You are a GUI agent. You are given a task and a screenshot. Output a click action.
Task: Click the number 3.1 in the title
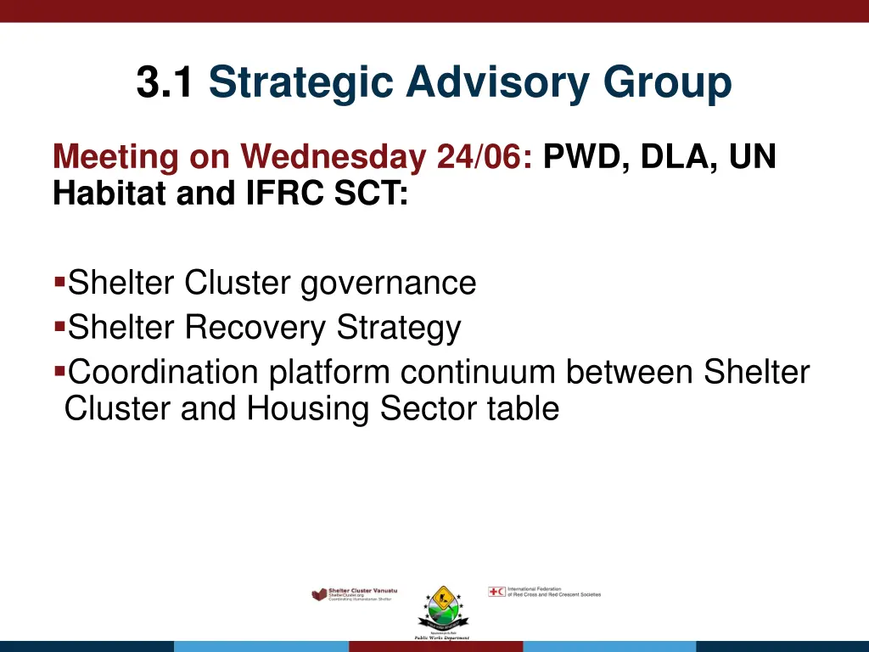click(165, 83)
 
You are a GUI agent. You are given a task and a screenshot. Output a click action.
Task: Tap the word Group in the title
click(667, 83)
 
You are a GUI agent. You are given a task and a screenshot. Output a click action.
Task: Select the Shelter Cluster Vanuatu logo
click(354, 594)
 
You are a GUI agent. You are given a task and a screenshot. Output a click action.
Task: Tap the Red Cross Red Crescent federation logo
click(544, 592)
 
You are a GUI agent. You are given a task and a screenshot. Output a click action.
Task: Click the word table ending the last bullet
click(523, 409)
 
